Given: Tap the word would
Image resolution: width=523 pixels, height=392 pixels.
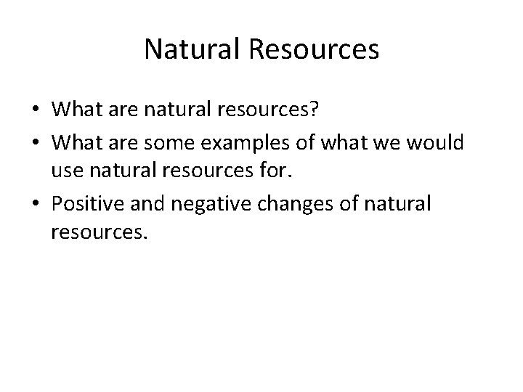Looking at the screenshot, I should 434,144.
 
